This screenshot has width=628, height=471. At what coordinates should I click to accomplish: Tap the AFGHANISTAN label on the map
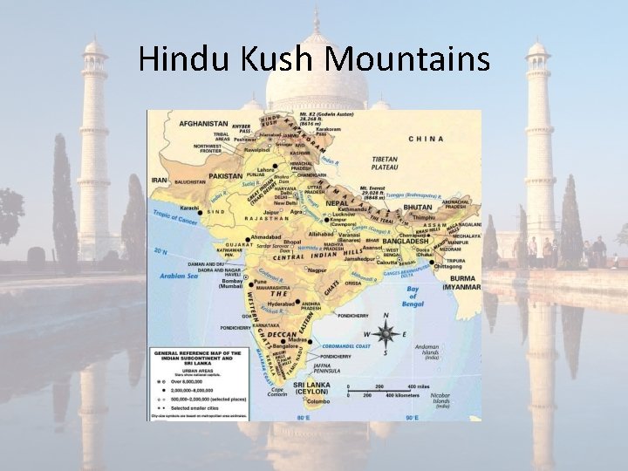(x=204, y=124)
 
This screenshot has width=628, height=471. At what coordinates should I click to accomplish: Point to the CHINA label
(x=427, y=139)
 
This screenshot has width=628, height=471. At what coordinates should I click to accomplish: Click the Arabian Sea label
(x=181, y=276)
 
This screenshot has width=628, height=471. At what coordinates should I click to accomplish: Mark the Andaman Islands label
(x=433, y=352)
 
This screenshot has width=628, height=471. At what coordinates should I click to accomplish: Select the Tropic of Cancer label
(x=174, y=219)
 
